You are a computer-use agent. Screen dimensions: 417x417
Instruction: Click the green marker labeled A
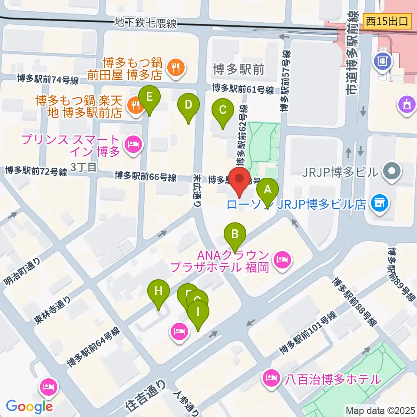[268, 190]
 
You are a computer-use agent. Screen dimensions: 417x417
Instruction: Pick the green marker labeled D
[189, 106]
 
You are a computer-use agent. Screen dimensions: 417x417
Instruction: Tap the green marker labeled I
[198, 312]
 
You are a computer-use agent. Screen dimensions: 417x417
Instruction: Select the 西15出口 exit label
[387, 21]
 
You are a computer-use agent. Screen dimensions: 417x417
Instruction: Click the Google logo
[29, 406]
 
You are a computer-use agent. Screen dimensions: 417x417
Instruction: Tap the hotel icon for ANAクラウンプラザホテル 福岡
[283, 260]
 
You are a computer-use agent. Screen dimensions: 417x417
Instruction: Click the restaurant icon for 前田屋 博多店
[176, 67]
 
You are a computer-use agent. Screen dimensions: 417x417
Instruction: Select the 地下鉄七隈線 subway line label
[146, 23]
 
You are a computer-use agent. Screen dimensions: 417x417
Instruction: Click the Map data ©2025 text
[380, 410]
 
